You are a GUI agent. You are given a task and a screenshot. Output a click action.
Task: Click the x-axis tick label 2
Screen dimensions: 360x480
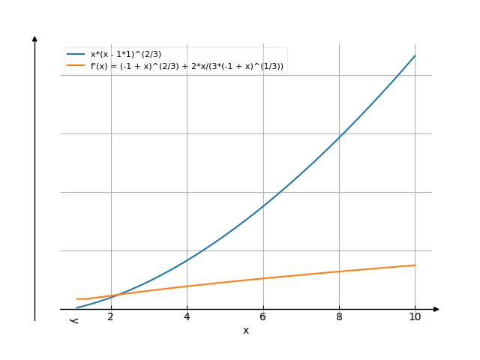(x=111, y=317)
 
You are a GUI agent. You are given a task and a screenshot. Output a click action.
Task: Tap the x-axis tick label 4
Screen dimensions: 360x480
(x=187, y=317)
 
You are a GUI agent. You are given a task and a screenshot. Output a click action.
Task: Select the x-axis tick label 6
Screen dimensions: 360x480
(x=263, y=317)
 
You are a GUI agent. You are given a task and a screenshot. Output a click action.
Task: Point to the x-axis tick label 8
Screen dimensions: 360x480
(x=339, y=317)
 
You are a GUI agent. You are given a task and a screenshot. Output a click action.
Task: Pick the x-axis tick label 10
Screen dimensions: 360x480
(x=415, y=317)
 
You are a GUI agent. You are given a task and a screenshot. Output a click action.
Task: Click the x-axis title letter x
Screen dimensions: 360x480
(x=245, y=331)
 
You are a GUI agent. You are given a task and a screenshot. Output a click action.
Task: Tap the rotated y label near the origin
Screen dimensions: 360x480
(x=74, y=321)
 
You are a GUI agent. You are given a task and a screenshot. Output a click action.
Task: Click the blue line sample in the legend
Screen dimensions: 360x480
(x=76, y=54)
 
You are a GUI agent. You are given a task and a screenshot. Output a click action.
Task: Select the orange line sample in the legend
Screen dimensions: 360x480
(x=76, y=66)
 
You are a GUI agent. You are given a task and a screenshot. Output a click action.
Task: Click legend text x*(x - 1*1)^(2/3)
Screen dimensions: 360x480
(x=126, y=54)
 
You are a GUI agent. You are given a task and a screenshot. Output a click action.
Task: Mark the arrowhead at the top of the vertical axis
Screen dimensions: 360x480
(x=34, y=38)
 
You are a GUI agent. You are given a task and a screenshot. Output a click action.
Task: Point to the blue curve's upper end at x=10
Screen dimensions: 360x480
(x=415, y=55)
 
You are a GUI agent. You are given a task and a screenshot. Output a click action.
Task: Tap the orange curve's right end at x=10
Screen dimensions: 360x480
(x=415, y=265)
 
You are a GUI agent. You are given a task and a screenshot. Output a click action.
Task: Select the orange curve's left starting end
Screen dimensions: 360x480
(x=76, y=299)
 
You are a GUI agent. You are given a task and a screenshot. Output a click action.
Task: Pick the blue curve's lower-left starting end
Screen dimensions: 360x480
(x=76, y=307)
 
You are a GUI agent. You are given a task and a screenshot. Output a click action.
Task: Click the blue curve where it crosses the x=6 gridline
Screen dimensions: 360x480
(x=263, y=205)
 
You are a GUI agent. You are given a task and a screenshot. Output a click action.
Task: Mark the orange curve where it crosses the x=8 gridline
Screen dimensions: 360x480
(x=339, y=271)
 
